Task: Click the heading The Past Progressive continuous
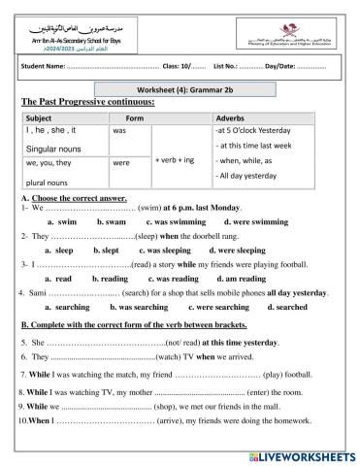click(x=86, y=100)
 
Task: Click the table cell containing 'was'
click(x=121, y=129)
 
